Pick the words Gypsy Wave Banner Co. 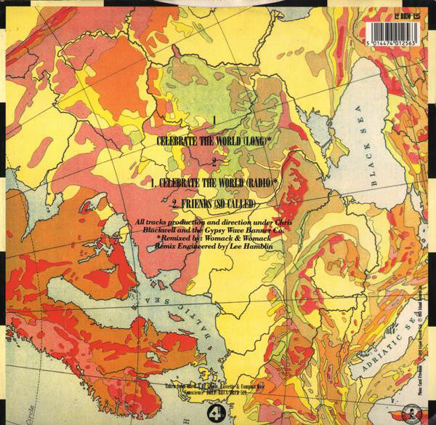click(230, 229)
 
